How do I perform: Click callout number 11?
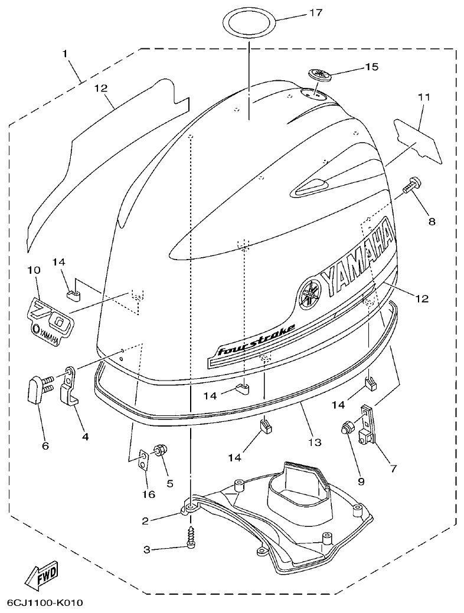coord(424,97)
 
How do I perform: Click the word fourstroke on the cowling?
coord(256,341)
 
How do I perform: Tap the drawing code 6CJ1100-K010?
coord(45,603)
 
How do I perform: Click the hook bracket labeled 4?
coord(70,389)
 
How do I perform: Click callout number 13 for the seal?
coord(314,442)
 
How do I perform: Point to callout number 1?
coord(66,54)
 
